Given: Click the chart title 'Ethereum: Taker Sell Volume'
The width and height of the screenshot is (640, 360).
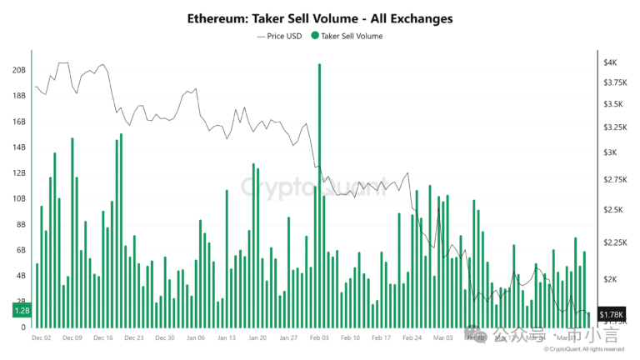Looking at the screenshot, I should click(320, 17).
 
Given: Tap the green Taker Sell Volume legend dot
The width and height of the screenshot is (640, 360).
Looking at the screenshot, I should click(314, 36).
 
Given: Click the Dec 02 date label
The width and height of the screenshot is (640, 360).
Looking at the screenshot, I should click(42, 338).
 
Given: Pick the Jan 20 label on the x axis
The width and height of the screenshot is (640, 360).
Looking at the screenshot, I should click(257, 338).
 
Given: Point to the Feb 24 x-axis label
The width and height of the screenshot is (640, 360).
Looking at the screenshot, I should click(411, 338).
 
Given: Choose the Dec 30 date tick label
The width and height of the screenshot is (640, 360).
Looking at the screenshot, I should click(165, 338).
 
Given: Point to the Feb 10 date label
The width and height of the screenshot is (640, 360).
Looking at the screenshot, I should click(350, 338).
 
